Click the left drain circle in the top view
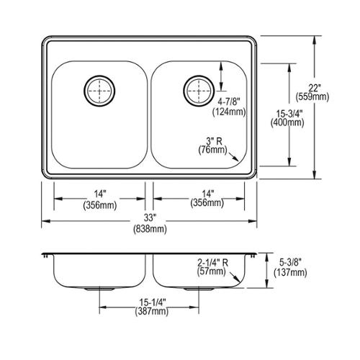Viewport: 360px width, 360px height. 84,91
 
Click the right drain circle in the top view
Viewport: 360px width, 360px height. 184,91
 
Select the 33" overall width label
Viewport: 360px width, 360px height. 150,218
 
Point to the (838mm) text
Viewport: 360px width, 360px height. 150,229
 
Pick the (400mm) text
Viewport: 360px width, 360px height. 287,123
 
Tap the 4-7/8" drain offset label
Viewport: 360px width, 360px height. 228,102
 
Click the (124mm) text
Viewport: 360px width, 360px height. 229,112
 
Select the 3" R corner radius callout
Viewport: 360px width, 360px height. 215,141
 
